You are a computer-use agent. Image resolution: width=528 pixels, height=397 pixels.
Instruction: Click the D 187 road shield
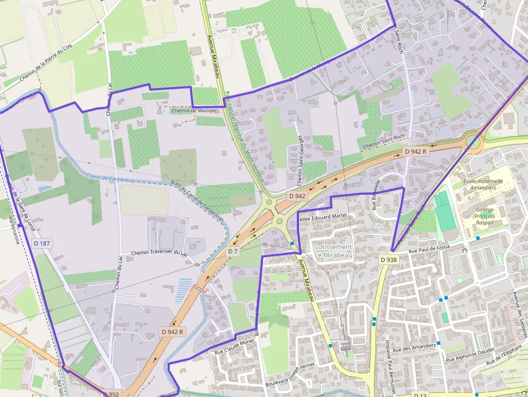click(41, 243)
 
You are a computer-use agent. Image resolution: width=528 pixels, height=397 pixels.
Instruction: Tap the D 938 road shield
click(388, 260)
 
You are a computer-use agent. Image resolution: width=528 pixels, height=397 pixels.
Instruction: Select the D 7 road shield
click(233, 252)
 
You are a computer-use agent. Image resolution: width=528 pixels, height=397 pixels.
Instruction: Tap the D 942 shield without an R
click(297, 196)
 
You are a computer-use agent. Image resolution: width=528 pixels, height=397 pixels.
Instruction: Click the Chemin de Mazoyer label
click(194, 110)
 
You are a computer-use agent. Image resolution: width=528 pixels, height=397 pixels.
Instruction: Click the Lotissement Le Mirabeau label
click(333, 251)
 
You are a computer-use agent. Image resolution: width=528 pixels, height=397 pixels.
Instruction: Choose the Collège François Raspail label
click(485, 215)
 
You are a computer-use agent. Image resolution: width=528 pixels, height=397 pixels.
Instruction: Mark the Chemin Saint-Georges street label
click(300, 155)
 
